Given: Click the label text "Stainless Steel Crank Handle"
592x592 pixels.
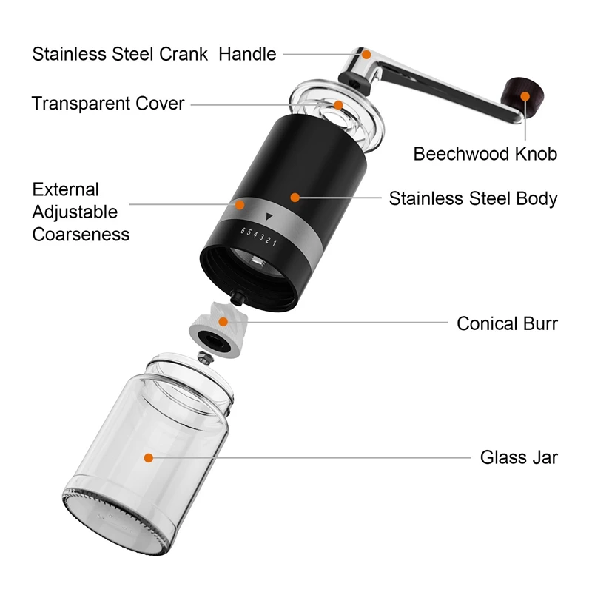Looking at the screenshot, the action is coord(154,54).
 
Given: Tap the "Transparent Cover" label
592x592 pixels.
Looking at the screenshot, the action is coord(108,103).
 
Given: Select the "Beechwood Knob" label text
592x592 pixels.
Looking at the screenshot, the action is coord(485,154).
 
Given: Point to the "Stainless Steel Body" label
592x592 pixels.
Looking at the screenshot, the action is coord(473,198).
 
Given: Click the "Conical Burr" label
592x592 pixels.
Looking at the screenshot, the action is coord(507,323).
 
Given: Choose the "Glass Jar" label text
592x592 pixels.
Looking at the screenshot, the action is coord(519,457).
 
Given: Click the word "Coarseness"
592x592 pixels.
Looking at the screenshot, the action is coord(81,235).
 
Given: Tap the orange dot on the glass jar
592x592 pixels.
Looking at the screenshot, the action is coord(149,459).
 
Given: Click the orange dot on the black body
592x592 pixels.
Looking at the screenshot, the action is coord(295,198).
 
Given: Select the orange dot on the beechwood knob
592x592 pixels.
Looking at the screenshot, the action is coord(525,95).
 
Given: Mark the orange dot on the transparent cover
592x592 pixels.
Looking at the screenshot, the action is coord(337,105).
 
